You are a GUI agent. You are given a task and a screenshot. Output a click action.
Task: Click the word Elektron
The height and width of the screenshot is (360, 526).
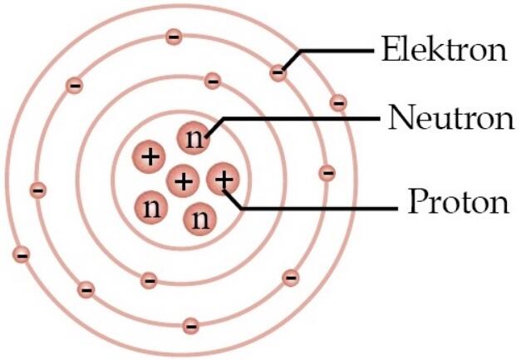444,49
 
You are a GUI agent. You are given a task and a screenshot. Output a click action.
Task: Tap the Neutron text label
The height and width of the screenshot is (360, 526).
450,117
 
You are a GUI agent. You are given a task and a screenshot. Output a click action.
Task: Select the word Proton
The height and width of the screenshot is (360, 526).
459,201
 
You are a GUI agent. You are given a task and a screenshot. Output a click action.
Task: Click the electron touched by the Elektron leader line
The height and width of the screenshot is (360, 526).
278,72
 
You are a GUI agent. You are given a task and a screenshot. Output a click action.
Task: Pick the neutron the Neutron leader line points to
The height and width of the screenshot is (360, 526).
194,138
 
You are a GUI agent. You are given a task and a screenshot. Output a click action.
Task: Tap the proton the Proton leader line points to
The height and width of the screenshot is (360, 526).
223,179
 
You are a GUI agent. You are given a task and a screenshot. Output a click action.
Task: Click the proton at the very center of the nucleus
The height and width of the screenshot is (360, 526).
183,181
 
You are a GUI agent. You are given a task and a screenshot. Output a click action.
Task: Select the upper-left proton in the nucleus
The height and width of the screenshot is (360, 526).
149,156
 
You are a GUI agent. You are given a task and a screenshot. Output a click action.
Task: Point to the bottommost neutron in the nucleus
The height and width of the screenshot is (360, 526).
200,219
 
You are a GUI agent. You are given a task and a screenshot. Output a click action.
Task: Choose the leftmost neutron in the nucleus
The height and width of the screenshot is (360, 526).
151,208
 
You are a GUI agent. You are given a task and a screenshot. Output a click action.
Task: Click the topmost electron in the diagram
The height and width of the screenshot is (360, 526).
174,37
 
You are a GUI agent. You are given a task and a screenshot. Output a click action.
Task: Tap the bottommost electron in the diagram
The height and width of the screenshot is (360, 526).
191,326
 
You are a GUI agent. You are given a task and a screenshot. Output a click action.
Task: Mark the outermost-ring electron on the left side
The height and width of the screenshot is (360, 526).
22,254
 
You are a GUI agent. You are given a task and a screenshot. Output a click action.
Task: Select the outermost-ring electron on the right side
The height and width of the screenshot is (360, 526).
338,102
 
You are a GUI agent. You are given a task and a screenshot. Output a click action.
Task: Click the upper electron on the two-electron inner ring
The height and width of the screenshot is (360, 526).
213,81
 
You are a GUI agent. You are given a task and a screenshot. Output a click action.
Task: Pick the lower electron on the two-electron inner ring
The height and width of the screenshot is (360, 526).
149,280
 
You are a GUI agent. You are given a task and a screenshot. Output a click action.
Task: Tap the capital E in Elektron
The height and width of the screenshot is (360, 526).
391,49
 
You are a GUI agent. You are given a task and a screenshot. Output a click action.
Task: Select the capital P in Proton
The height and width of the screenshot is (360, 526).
418,201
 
